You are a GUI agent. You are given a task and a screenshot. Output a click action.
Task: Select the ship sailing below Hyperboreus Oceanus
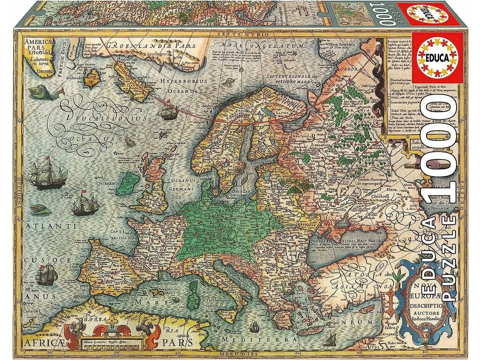[x=167, y=112]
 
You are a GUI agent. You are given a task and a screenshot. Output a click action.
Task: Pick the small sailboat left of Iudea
[x=331, y=337]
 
